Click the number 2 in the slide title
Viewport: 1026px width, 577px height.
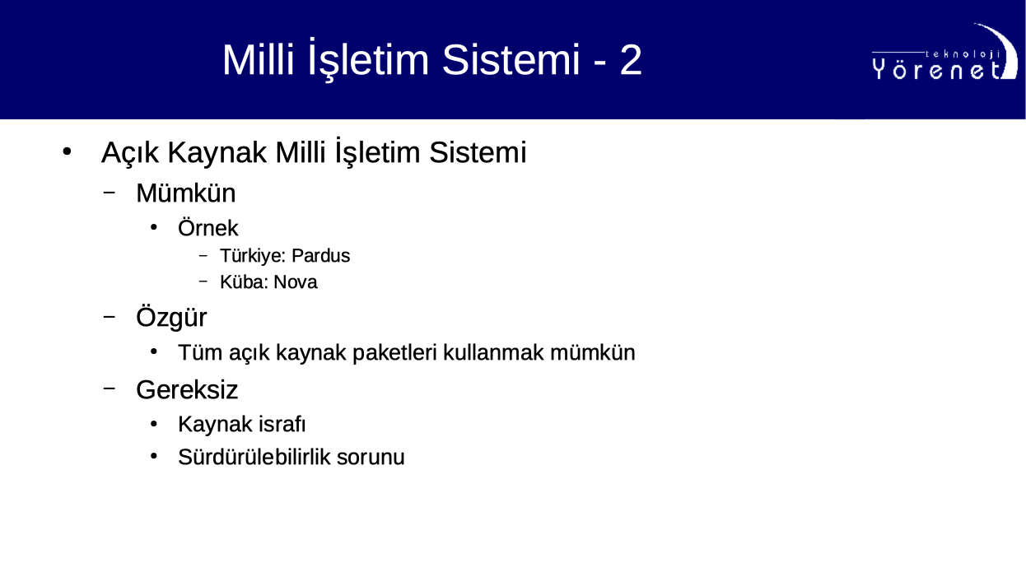click(631, 60)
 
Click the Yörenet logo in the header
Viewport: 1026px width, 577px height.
click(944, 52)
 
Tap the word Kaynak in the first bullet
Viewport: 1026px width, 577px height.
click(217, 152)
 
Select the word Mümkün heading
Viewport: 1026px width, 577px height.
click(186, 193)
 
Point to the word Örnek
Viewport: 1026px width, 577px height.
click(208, 228)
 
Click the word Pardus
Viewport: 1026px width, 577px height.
click(320, 255)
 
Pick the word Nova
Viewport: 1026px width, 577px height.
click(296, 282)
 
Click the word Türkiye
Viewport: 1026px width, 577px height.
click(253, 256)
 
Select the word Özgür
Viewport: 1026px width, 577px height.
click(171, 318)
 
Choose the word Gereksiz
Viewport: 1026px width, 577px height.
click(187, 389)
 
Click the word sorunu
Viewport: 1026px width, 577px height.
click(371, 458)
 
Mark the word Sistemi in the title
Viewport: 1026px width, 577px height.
click(511, 60)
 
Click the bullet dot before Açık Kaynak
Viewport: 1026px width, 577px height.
click(67, 151)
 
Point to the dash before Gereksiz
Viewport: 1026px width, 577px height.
click(110, 389)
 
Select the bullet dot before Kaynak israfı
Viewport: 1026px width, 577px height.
click(154, 424)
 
